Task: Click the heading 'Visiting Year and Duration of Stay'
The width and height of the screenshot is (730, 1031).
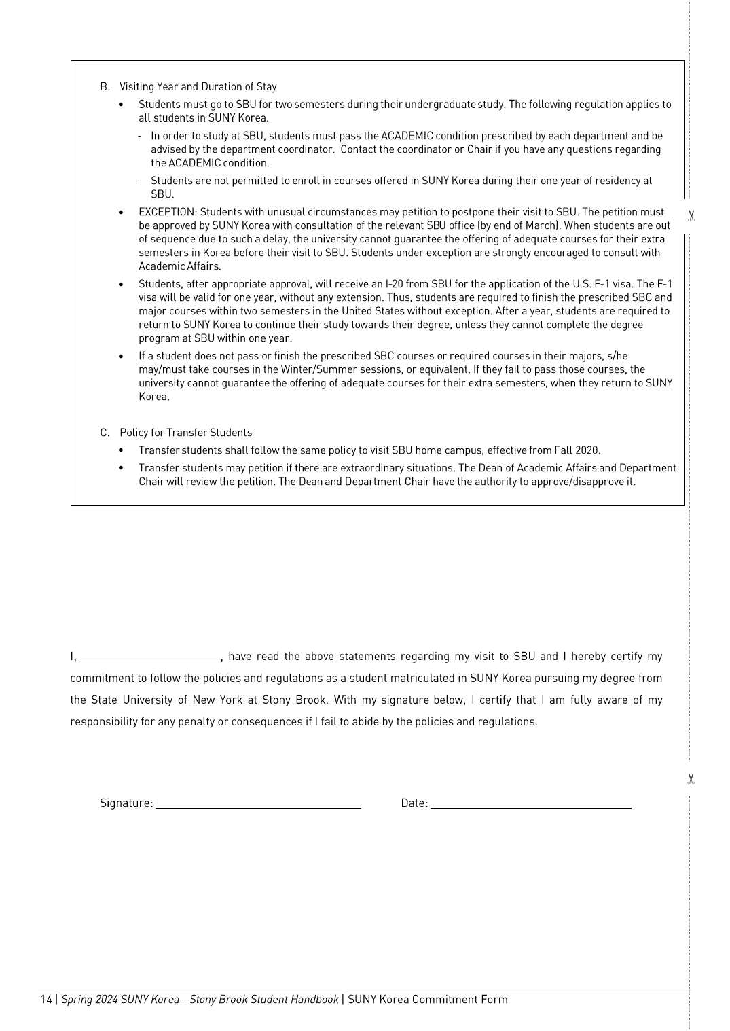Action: [x=198, y=87]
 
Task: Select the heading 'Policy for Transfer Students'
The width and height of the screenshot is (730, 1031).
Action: [x=185, y=433]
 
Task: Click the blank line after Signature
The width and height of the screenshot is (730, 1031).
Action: [x=258, y=804]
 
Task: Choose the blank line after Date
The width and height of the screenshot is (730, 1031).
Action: [x=530, y=804]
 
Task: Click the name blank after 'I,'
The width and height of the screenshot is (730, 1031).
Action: [x=150, y=657]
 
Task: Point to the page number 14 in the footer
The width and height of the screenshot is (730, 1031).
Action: [x=46, y=999]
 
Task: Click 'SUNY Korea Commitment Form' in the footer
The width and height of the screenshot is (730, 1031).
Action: [x=427, y=999]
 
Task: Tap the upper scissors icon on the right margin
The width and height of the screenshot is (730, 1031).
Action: [x=691, y=217]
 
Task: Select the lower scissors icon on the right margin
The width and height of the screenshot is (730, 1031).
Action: [x=691, y=779]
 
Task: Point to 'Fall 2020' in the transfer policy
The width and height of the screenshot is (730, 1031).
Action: [x=577, y=450]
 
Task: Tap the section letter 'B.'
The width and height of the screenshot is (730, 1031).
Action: [x=105, y=87]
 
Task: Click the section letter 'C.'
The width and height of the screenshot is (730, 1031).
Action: [x=105, y=433]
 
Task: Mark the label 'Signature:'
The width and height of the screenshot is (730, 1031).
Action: [x=126, y=803]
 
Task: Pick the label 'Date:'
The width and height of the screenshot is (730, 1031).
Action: [x=414, y=803]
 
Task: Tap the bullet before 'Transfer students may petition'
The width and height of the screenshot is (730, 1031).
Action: [x=121, y=468]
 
